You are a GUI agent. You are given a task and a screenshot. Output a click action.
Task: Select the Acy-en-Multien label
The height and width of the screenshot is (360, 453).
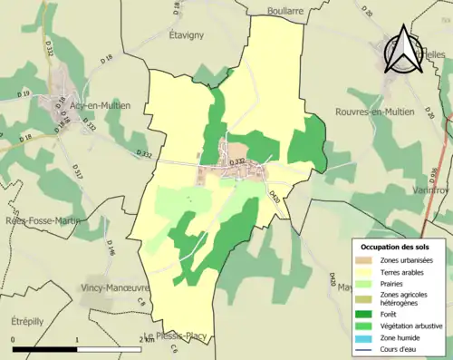point(100,105)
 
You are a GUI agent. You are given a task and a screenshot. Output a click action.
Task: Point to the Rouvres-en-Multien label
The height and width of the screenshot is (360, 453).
point(374,112)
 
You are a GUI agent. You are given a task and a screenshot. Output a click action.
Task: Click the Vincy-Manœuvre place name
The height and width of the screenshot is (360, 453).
point(114,286)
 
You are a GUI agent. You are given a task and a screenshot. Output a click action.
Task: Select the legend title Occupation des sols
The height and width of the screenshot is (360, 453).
point(397,247)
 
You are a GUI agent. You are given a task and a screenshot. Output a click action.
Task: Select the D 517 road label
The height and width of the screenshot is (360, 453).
point(77,170)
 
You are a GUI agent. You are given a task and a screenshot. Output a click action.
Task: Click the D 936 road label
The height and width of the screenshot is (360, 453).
point(434,175)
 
